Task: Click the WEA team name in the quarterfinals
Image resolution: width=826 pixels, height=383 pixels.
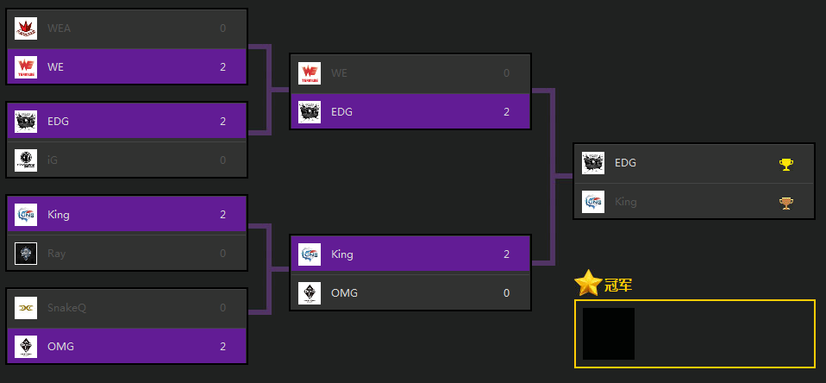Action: click(x=59, y=28)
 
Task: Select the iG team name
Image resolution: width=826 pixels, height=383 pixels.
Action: click(x=53, y=160)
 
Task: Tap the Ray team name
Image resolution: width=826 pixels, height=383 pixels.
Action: click(x=57, y=253)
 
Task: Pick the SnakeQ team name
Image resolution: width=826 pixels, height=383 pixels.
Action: click(x=66, y=308)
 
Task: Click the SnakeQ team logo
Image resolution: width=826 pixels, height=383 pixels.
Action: click(x=26, y=308)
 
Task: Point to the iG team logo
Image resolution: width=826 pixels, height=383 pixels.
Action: click(x=26, y=160)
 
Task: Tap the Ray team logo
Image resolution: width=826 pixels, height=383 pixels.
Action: click(x=26, y=253)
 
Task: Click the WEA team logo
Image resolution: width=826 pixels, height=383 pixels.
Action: click(x=26, y=28)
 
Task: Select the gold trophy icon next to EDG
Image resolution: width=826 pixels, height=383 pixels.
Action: click(x=785, y=163)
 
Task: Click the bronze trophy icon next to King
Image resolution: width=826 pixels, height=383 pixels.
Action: click(x=785, y=203)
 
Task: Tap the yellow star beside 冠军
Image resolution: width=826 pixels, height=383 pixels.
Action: click(x=587, y=283)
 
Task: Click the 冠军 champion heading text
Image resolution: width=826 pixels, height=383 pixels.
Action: click(x=618, y=286)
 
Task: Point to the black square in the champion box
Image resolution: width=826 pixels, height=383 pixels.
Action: click(x=609, y=334)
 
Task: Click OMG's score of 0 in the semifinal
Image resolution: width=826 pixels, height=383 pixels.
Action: click(x=506, y=293)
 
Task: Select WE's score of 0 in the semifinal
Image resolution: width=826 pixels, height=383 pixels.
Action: click(x=506, y=73)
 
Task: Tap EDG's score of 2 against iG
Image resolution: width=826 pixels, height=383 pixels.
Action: click(x=222, y=122)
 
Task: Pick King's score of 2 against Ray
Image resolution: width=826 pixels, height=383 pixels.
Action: click(x=222, y=215)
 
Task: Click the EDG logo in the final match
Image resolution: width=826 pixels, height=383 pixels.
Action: click(x=593, y=163)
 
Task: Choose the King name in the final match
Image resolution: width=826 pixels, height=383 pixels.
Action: click(x=625, y=203)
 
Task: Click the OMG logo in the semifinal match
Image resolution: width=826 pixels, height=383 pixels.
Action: click(x=310, y=293)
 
